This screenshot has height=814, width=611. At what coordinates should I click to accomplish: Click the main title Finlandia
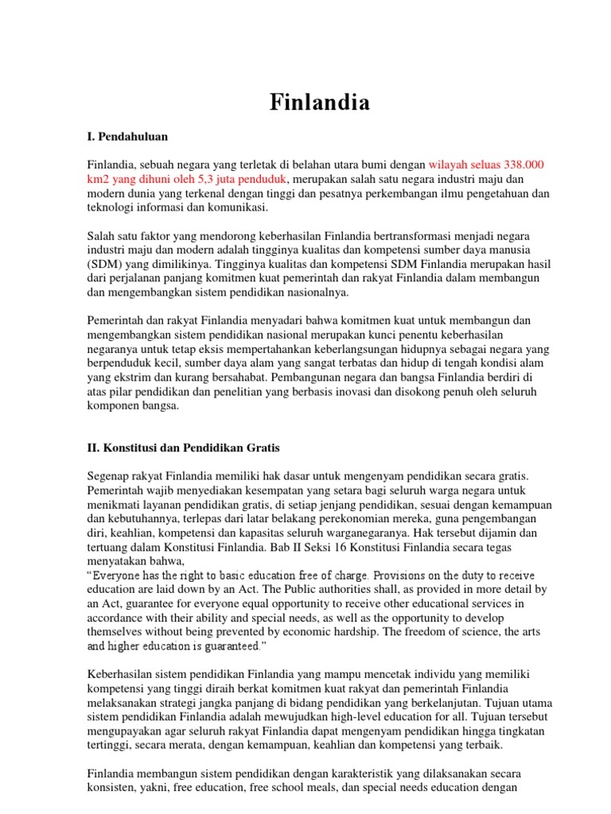[308, 103]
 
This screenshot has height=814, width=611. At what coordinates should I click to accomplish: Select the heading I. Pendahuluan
[128, 138]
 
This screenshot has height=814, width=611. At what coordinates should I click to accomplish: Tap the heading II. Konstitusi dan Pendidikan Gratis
[183, 448]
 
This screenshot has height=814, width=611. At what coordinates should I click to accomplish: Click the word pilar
[124, 392]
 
